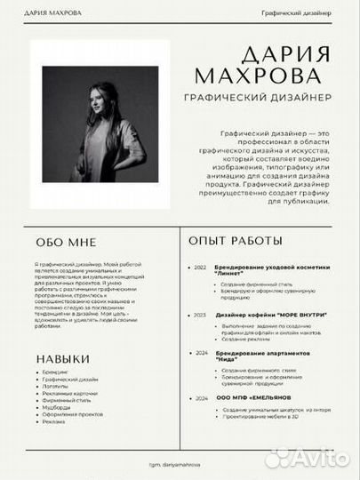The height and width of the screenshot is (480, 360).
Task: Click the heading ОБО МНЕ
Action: click(67, 242)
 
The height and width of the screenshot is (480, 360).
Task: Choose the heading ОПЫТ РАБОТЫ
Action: click(236, 240)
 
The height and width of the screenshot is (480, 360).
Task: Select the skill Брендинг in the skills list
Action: click(55, 372)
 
